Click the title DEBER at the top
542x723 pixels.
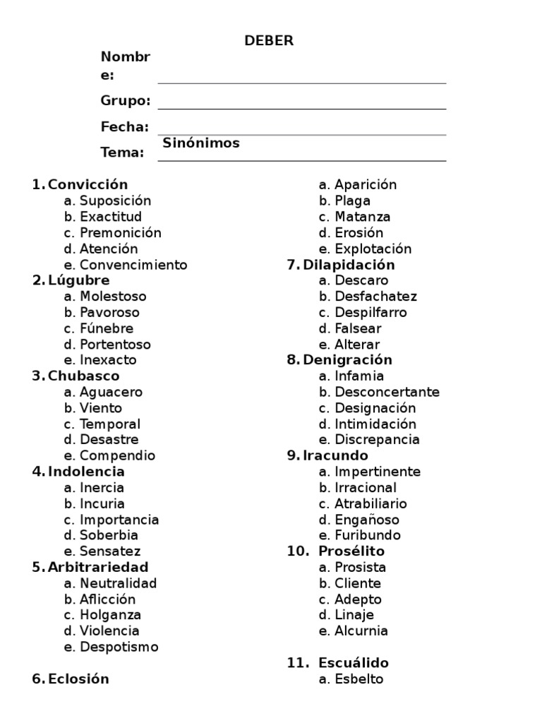(269, 41)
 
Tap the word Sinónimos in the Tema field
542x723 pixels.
(201, 143)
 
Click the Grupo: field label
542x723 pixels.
(126, 101)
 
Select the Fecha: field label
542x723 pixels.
(125, 127)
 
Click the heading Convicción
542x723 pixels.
(88, 185)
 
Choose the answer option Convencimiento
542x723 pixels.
(133, 265)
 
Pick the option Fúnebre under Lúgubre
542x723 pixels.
(107, 328)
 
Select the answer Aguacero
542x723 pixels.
(111, 392)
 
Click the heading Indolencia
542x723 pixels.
(86, 472)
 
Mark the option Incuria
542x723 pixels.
(102, 503)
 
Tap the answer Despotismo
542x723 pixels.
(119, 647)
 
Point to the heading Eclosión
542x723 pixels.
(78, 679)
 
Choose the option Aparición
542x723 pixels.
(366, 185)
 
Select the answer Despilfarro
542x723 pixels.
(371, 312)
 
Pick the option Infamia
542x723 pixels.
(359, 376)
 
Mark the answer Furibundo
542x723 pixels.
(368, 535)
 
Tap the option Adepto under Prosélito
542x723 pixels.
(358, 599)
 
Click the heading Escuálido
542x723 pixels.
(354, 663)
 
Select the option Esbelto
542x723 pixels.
(359, 679)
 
